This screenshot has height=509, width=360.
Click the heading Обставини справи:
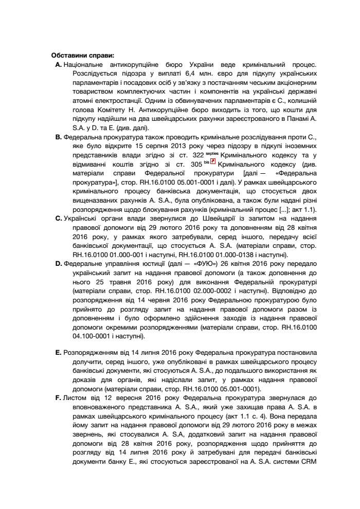pos(83,56)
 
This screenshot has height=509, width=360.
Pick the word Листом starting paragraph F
pos(73,397)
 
